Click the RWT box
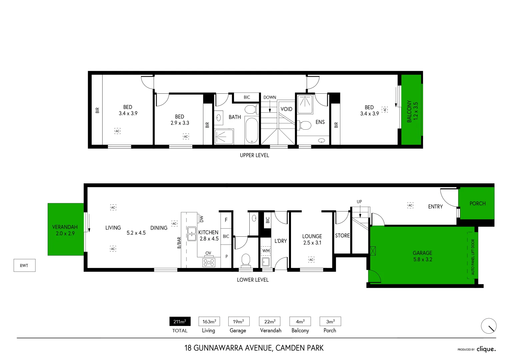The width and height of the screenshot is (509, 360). pyautogui.click(x=24, y=265)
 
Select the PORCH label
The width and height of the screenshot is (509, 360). pyautogui.click(x=477, y=203)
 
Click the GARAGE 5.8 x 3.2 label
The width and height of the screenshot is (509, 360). pyautogui.click(x=422, y=256)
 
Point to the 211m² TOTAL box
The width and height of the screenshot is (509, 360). pyautogui.click(x=180, y=321)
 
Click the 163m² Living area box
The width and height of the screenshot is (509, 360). pyautogui.click(x=209, y=321)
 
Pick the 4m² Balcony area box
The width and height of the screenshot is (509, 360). pyautogui.click(x=300, y=321)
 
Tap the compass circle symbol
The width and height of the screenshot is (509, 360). pyautogui.click(x=489, y=326)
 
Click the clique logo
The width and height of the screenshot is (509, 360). pyautogui.click(x=486, y=349)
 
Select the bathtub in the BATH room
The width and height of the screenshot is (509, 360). pyautogui.click(x=252, y=130)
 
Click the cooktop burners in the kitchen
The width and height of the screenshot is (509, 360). pyautogui.click(x=209, y=262)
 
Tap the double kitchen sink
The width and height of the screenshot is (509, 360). pyautogui.click(x=192, y=234)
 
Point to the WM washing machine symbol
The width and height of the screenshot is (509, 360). pyautogui.click(x=266, y=251)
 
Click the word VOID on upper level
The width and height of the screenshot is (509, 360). pyautogui.click(x=286, y=109)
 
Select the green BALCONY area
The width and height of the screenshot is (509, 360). pyautogui.click(x=412, y=110)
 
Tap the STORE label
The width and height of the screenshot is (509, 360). pyautogui.click(x=342, y=235)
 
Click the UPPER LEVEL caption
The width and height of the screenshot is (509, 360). pyautogui.click(x=254, y=155)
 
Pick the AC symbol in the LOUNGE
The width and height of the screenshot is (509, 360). pyautogui.click(x=311, y=259)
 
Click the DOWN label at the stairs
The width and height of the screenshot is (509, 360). pyautogui.click(x=270, y=97)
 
